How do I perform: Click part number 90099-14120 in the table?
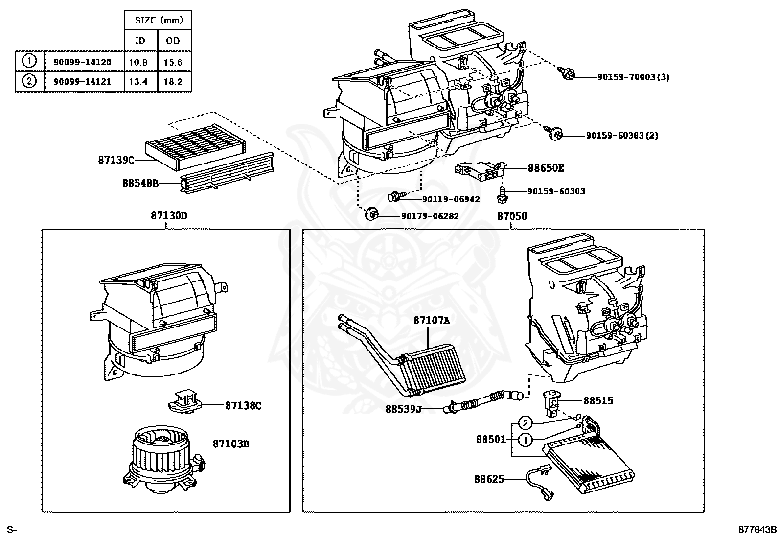(x=85, y=62)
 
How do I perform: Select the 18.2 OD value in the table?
(x=173, y=82)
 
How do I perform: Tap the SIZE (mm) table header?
(x=159, y=20)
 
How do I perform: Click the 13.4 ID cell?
(x=138, y=82)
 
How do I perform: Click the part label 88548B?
(x=140, y=183)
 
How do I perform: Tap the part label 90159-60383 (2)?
(x=622, y=135)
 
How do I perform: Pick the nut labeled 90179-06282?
(x=372, y=214)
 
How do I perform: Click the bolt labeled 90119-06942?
(x=395, y=197)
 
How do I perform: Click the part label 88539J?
(x=403, y=409)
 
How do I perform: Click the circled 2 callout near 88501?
(x=525, y=423)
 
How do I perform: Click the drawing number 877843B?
(x=757, y=529)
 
